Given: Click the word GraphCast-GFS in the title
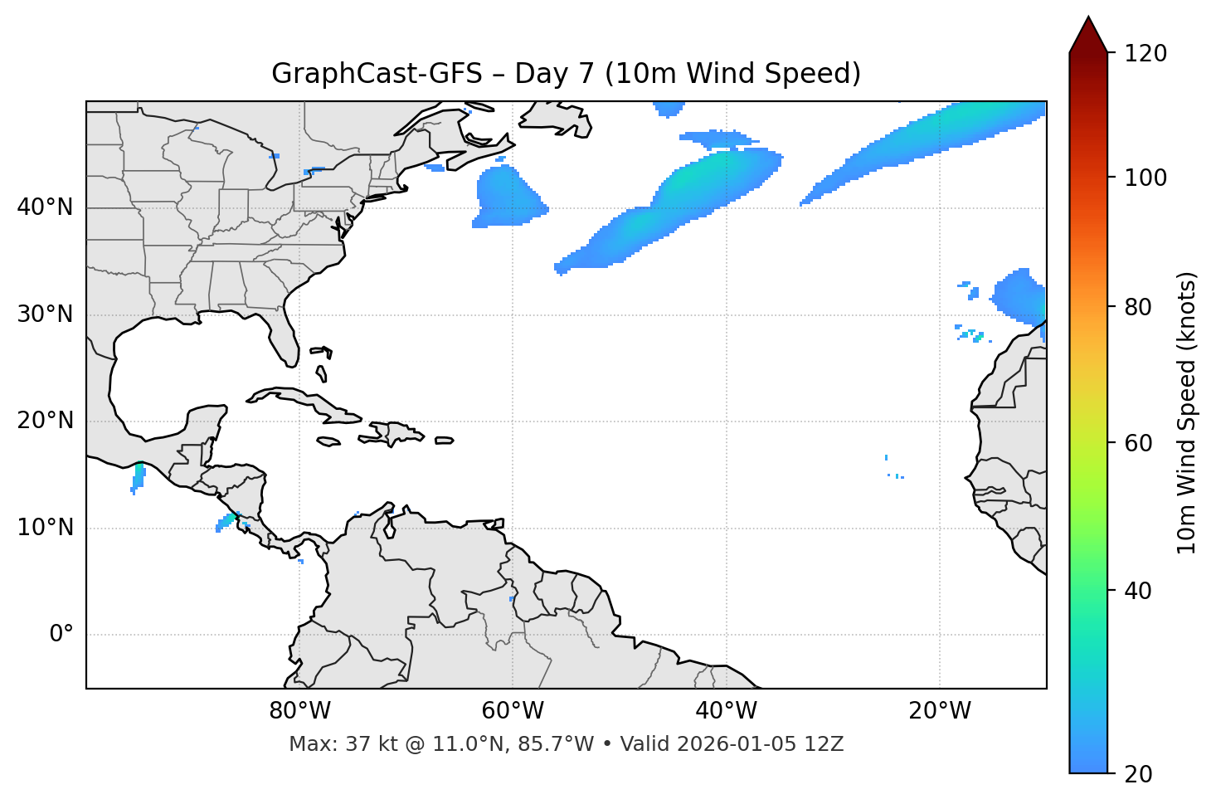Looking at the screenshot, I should (377, 74).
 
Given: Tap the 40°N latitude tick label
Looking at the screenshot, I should (45, 207).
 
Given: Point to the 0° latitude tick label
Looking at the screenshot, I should (61, 635).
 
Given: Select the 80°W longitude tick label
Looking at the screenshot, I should (299, 711).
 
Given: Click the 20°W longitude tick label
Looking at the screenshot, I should (940, 711).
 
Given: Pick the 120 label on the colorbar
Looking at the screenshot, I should (1145, 54).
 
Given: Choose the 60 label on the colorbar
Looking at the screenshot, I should (1138, 443).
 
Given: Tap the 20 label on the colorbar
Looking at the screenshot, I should (1138, 774).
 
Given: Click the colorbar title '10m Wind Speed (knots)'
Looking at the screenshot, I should (1187, 412).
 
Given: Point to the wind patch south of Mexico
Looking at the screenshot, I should (139, 477).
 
